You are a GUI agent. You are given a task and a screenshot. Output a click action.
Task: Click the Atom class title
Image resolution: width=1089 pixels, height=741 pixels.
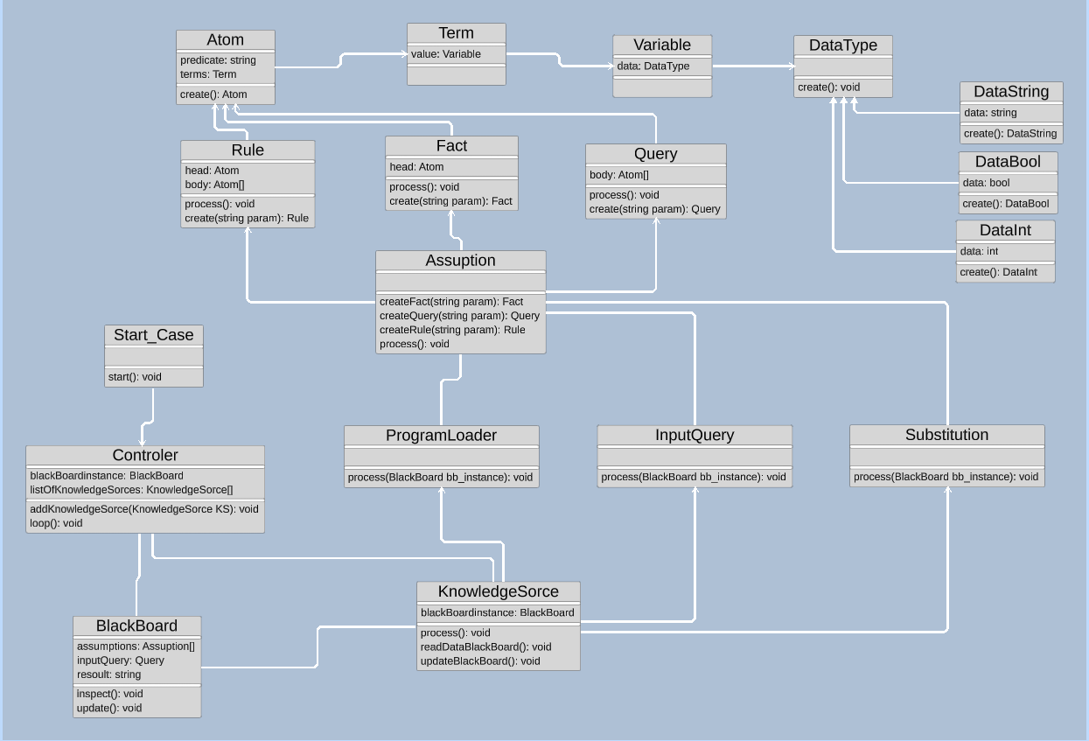click(226, 40)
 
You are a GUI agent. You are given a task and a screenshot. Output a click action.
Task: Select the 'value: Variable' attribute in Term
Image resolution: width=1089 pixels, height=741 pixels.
click(446, 54)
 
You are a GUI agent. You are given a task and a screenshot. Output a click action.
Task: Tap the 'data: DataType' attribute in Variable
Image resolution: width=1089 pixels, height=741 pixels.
click(653, 66)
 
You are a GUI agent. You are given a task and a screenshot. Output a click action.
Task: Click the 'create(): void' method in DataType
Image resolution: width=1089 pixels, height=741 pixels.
click(828, 87)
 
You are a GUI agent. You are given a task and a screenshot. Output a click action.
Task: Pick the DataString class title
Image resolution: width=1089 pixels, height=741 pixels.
click(1011, 92)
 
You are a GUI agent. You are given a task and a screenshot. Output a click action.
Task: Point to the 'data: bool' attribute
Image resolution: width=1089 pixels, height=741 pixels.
click(986, 183)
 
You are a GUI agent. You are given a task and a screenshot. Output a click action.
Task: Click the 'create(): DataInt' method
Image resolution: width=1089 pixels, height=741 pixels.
click(998, 272)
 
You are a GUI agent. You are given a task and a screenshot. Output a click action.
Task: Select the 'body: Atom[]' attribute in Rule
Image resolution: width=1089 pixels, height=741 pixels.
click(214, 185)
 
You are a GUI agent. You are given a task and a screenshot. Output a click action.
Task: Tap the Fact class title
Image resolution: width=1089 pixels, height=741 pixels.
click(451, 146)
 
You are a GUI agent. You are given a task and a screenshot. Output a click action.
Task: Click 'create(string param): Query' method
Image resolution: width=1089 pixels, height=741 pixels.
click(655, 209)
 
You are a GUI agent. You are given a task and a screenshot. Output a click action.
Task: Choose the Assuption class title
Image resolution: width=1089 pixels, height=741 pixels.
click(460, 261)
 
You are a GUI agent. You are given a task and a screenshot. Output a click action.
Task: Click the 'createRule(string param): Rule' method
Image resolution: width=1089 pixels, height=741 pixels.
click(452, 330)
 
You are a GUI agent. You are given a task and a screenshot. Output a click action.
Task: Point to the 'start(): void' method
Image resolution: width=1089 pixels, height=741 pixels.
click(135, 377)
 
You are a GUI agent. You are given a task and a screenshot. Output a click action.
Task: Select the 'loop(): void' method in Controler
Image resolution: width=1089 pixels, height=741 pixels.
click(56, 523)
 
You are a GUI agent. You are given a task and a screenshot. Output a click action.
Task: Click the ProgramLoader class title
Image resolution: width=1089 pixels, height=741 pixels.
click(441, 436)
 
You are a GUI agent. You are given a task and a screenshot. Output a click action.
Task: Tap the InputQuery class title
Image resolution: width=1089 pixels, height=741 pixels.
click(695, 436)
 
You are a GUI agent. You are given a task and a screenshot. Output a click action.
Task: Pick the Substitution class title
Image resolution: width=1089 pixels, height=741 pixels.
click(946, 436)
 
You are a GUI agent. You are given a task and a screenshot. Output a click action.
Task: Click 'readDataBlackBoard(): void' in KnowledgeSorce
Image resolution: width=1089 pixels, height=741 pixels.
click(485, 647)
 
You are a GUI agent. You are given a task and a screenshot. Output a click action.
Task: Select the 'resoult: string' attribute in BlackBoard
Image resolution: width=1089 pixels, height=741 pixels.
click(108, 675)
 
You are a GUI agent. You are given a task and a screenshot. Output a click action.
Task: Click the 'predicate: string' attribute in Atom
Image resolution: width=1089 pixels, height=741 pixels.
click(218, 60)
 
